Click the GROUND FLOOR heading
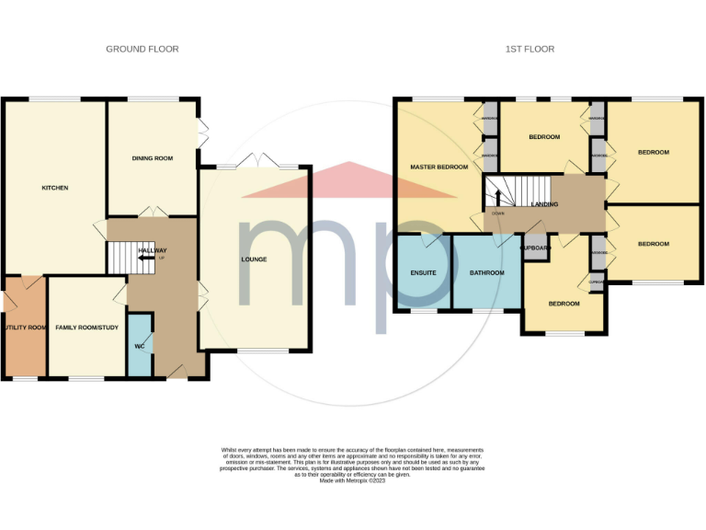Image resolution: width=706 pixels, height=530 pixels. pos(142,49)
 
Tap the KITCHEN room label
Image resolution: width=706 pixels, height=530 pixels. pos(55,188)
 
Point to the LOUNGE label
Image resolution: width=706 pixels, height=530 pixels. pos(254,259)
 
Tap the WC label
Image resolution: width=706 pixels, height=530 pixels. pos(140,346)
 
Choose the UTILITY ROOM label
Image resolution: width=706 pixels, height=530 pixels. pos(24,327)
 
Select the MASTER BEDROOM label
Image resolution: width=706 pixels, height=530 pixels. pos(438,167)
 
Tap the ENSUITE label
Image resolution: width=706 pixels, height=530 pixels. pos(423,273)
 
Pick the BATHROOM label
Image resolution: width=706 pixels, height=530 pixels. pos(487,273)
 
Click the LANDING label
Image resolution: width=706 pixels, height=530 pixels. pos(544,203)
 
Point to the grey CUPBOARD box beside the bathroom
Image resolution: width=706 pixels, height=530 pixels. pos(535,248)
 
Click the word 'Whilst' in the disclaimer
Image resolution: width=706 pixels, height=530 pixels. pos(228,450)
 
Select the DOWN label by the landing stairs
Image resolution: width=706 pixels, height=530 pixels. pos(497,213)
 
